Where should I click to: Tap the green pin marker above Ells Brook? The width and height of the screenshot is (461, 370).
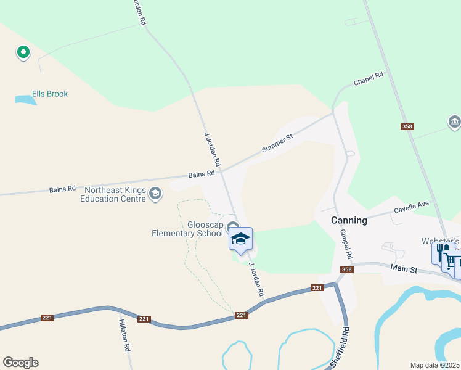click(x=23, y=53)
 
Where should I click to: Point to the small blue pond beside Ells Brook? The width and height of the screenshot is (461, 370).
click(x=25, y=99)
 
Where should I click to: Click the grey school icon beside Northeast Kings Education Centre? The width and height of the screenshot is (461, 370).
click(x=156, y=194)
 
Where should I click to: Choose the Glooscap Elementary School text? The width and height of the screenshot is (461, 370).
click(x=188, y=229)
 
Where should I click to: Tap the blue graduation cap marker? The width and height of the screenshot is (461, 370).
click(x=240, y=240)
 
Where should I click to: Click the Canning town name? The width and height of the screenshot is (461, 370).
click(x=349, y=220)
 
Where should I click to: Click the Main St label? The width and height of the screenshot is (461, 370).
click(x=404, y=269)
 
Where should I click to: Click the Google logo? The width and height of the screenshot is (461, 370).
click(x=20, y=363)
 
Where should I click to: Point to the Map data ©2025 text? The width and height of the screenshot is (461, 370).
click(x=434, y=364)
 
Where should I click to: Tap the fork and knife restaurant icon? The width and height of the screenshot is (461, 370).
click(x=441, y=253)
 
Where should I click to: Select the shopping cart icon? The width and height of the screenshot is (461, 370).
click(x=451, y=263)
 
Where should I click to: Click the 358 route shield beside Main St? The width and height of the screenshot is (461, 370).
click(x=347, y=269)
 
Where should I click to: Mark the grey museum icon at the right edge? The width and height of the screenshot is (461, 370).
click(x=455, y=121)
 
